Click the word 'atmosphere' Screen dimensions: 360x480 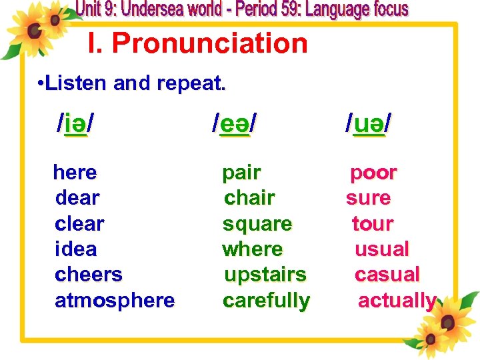click(115, 301)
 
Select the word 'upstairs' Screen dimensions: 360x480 click(265, 275)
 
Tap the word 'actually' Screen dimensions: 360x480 click(397, 301)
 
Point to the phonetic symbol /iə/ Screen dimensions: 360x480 click(75, 123)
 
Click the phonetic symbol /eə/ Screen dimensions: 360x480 click(234, 123)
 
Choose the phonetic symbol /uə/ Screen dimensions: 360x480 click(369, 123)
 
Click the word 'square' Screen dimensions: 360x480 click(257, 224)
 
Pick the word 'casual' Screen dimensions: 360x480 click(387, 275)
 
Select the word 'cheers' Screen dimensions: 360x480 click(89, 275)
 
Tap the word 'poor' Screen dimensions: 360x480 click(374, 173)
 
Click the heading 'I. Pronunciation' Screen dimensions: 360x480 click(198, 44)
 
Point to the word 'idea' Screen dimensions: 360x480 click(75, 249)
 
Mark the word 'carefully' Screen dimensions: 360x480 click(266, 301)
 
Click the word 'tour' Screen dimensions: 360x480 click(373, 224)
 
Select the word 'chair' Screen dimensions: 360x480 click(250, 198)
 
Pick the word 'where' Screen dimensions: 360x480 click(253, 249)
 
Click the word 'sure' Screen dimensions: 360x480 click(368, 198)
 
